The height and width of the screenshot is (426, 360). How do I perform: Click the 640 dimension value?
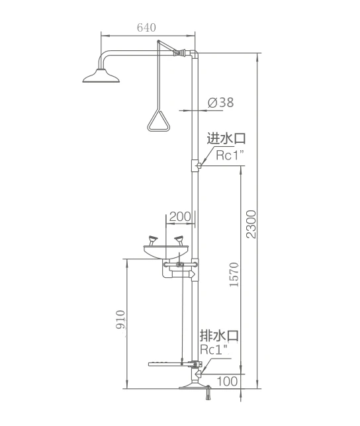[x=146, y=27]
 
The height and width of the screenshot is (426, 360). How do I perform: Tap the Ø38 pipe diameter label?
[x=220, y=103]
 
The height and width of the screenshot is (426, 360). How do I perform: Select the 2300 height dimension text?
[x=251, y=224]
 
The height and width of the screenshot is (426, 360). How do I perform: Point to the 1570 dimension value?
[x=234, y=275]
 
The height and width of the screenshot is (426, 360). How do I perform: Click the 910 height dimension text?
[x=120, y=319]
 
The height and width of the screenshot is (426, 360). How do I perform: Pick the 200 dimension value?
[x=180, y=216]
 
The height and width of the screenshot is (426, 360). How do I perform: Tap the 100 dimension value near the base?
[x=227, y=382]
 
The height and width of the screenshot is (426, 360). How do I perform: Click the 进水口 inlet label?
[x=226, y=138]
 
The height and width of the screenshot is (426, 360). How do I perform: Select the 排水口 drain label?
[x=219, y=336]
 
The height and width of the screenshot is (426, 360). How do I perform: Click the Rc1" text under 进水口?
[x=230, y=155]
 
